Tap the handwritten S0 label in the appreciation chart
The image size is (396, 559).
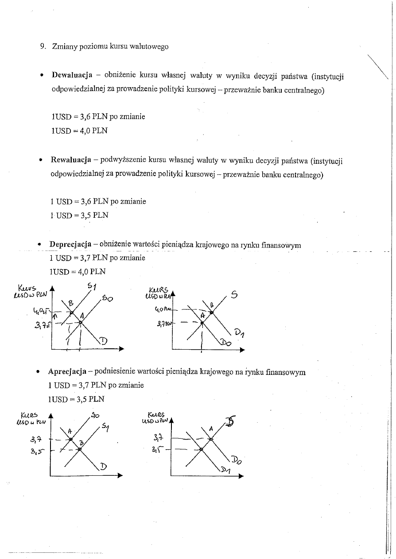tap(95, 415)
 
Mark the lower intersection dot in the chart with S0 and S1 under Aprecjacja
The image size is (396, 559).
tap(80, 449)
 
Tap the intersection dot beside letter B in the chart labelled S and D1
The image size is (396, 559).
tap(211, 312)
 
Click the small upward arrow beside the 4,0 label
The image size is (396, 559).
tap(55, 316)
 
